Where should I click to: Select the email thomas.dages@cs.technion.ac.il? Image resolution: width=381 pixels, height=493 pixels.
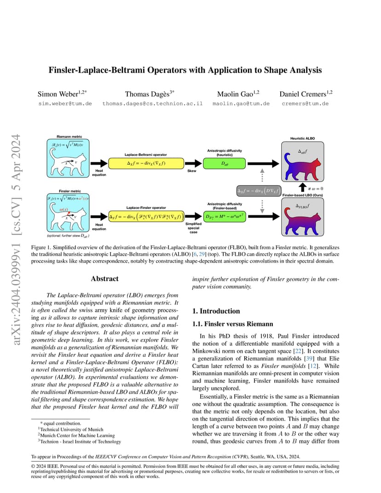152,104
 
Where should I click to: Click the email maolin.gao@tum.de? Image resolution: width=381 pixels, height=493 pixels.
241,104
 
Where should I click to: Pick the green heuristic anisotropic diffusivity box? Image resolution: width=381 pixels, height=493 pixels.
224,163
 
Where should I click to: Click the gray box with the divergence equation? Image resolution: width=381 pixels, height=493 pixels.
258,190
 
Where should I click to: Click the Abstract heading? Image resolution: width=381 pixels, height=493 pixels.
104,279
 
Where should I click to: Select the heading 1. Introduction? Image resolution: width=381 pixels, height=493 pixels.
216,311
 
